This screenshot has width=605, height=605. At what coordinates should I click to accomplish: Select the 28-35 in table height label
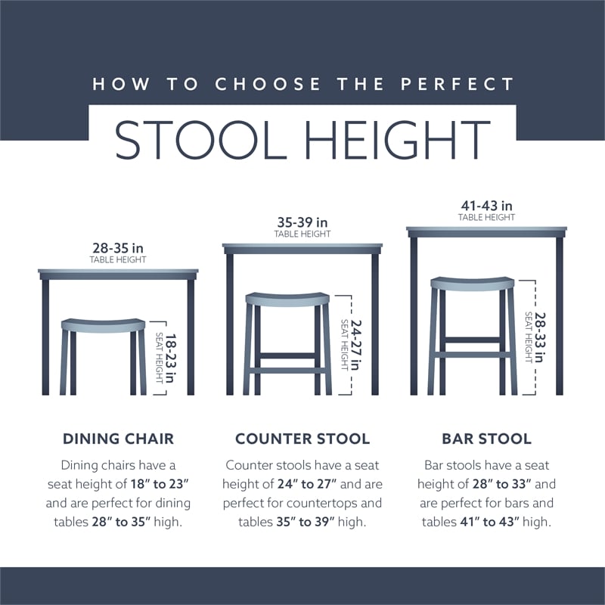[x=118, y=247]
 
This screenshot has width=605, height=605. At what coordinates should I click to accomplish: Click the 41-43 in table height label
[x=487, y=206]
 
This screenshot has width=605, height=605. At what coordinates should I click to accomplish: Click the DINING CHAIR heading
[x=118, y=439]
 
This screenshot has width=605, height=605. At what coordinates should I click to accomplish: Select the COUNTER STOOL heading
[x=302, y=439]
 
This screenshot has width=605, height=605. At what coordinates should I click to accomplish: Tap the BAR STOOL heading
[x=487, y=439]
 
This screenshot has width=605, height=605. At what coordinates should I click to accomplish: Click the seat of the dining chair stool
[x=103, y=325]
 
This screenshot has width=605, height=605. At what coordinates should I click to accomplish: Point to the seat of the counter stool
[x=287, y=299]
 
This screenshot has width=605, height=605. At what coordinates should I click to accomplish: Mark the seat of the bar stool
[x=473, y=283]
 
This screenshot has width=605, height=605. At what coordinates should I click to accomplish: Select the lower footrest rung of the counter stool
[x=287, y=371]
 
